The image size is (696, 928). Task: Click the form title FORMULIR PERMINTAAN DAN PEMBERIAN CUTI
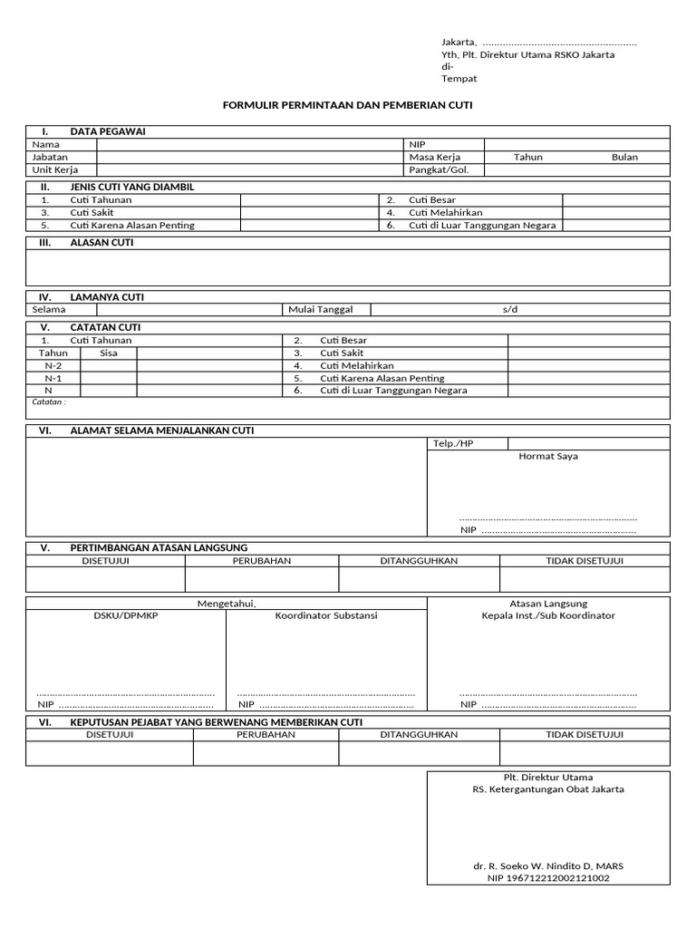pyautogui.click(x=348, y=105)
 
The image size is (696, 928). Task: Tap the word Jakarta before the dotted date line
pyautogui.click(x=459, y=42)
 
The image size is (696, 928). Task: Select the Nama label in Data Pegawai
pyautogui.click(x=45, y=144)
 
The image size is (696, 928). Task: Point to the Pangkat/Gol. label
pyautogui.click(x=439, y=169)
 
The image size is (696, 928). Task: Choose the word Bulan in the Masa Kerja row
pyautogui.click(x=624, y=157)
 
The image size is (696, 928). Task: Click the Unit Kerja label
pyautogui.click(x=54, y=169)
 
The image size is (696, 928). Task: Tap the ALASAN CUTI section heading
pyautogui.click(x=101, y=243)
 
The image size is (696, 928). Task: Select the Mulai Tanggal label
pyautogui.click(x=320, y=309)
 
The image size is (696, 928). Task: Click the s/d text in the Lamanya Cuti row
pyautogui.click(x=510, y=309)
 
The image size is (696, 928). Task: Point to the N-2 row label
pyautogui.click(x=53, y=365)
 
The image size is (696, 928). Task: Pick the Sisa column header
pyautogui.click(x=109, y=353)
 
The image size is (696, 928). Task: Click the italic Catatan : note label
pyautogui.click(x=49, y=401)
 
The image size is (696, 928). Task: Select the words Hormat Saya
pyautogui.click(x=547, y=456)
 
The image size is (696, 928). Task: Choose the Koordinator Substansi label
pyautogui.click(x=326, y=615)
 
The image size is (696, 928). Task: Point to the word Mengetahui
pyautogui.click(x=227, y=604)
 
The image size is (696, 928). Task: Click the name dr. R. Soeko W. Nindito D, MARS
pyautogui.click(x=547, y=865)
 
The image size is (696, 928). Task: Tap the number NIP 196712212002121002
pyautogui.click(x=547, y=877)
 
